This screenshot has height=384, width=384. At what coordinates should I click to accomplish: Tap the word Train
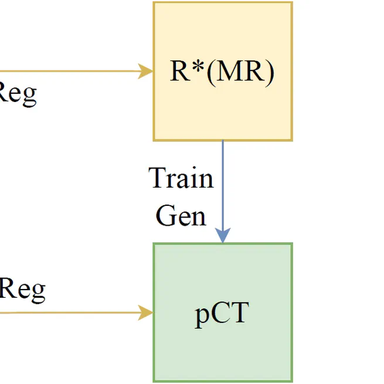click(181, 178)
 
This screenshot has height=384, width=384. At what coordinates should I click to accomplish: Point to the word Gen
click(181, 215)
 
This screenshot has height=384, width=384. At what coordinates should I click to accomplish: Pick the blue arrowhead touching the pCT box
click(223, 236)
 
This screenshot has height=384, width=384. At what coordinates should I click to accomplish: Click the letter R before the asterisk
click(179, 72)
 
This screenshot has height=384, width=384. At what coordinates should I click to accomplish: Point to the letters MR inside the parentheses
click(235, 72)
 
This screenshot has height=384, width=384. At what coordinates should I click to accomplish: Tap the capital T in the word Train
click(159, 178)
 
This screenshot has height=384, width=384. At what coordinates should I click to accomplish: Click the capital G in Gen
click(166, 215)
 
